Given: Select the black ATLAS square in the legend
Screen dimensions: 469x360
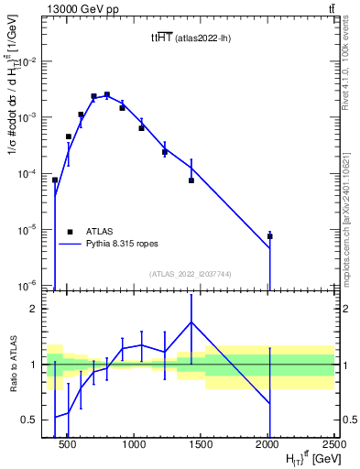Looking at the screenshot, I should (x=70, y=233).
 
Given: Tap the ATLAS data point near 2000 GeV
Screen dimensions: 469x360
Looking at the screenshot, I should (x=270, y=236).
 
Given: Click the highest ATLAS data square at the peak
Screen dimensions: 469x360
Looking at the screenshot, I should (x=107, y=94).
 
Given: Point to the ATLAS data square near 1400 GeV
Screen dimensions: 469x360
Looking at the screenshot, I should (x=191, y=180).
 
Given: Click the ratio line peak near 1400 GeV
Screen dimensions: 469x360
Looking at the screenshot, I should (x=191, y=322).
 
